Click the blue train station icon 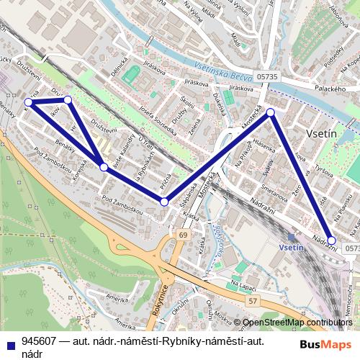point(291,236)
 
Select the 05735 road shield point(267,76)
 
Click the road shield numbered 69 point(184,235)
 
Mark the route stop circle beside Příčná point(164,202)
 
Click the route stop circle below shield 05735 point(271,112)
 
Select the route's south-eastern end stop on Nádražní point(331,240)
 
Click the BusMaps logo point(325,345)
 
